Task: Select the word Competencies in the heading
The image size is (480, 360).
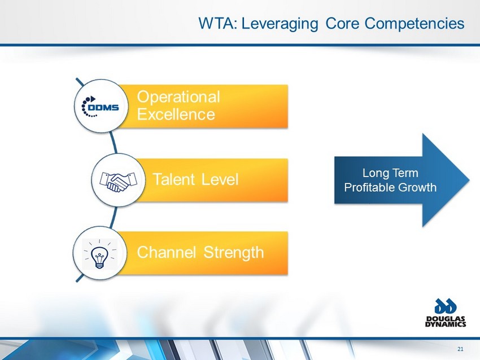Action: (414, 24)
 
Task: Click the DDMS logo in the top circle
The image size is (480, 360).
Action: (100, 107)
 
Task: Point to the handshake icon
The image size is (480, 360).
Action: (119, 182)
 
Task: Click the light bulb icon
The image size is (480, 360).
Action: (99, 254)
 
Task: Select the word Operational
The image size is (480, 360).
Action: (178, 97)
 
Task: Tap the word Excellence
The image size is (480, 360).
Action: (176, 115)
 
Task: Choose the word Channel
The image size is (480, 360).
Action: (166, 252)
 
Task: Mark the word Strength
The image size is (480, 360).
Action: (234, 253)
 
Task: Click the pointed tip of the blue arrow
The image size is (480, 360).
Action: (469, 180)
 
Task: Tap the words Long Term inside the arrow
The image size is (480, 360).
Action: (390, 173)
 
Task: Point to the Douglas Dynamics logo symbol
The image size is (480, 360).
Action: (446, 307)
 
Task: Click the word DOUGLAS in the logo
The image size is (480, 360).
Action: (446, 319)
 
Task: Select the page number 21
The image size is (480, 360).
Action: (460, 349)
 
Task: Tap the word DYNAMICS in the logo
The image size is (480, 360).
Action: (446, 324)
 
